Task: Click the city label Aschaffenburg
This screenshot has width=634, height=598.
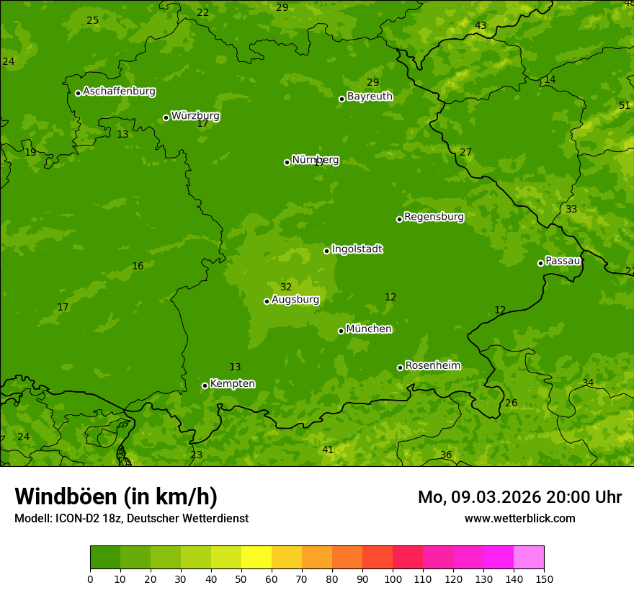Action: (x=119, y=92)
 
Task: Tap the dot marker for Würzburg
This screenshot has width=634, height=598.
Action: (x=166, y=117)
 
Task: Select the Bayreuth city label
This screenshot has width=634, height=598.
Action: (x=370, y=97)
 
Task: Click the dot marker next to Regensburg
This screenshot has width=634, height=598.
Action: (x=399, y=219)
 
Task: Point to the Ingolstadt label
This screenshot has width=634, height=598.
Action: (x=357, y=249)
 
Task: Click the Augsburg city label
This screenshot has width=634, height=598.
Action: (x=295, y=300)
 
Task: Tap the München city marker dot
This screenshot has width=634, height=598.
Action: (x=341, y=331)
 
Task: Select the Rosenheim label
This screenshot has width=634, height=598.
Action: (x=432, y=366)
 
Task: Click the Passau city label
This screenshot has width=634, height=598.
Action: (x=563, y=261)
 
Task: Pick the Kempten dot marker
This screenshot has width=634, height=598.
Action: (x=205, y=385)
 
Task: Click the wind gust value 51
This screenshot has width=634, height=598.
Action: (x=625, y=105)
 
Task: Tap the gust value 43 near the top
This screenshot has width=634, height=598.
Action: (x=481, y=25)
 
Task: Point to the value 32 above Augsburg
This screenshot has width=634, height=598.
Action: (x=286, y=287)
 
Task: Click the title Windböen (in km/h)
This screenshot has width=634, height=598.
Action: (x=116, y=496)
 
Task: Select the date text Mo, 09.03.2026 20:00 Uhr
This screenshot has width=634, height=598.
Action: (x=519, y=497)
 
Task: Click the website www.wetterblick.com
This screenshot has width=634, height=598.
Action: (x=519, y=518)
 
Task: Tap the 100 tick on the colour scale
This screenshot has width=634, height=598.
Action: (x=393, y=579)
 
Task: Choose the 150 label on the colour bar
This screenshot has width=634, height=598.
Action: (x=544, y=579)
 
